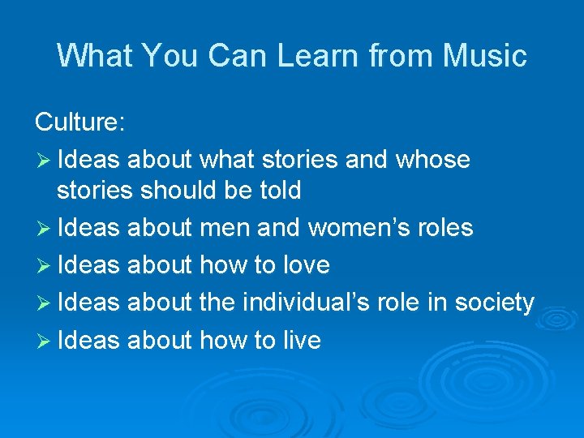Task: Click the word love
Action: pos(307,265)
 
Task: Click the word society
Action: pos(493,303)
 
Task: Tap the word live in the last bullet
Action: pos(301,340)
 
